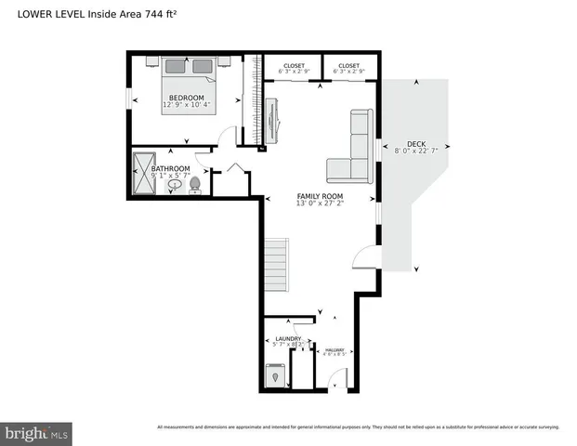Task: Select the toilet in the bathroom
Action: (x=195, y=185)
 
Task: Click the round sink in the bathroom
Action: (x=175, y=186)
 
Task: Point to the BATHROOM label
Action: (x=171, y=168)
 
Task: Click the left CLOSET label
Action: (x=294, y=66)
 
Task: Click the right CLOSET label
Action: (x=348, y=66)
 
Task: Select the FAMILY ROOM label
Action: (x=320, y=196)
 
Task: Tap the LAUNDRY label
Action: (x=288, y=339)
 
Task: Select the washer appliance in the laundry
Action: (x=275, y=376)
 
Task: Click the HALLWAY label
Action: (x=333, y=349)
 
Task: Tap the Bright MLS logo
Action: (x=37, y=433)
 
